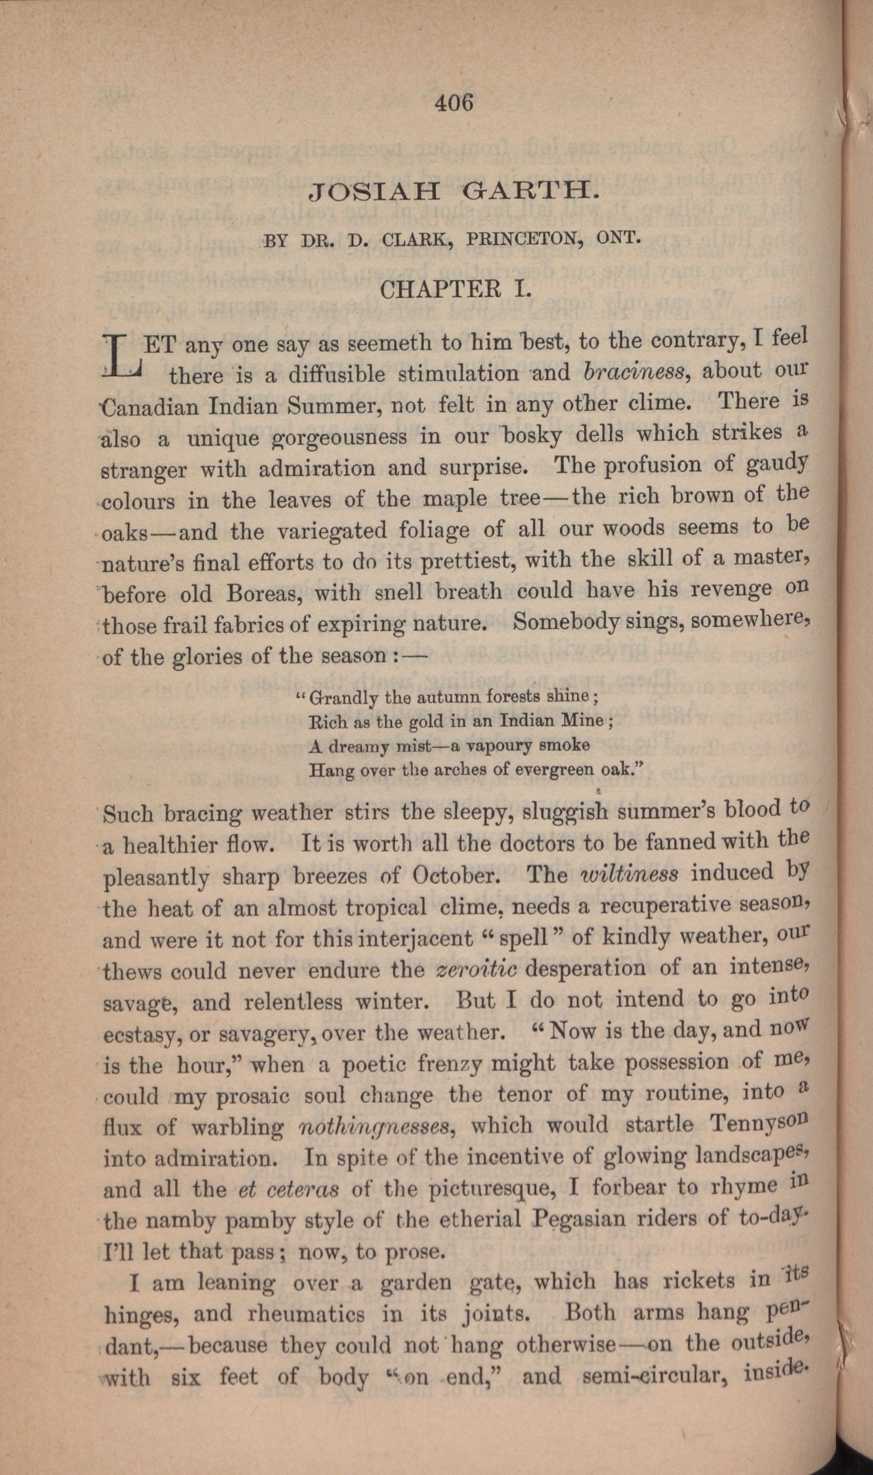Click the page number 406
[453, 103]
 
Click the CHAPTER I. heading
[456, 289]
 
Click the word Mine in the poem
[581, 721]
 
